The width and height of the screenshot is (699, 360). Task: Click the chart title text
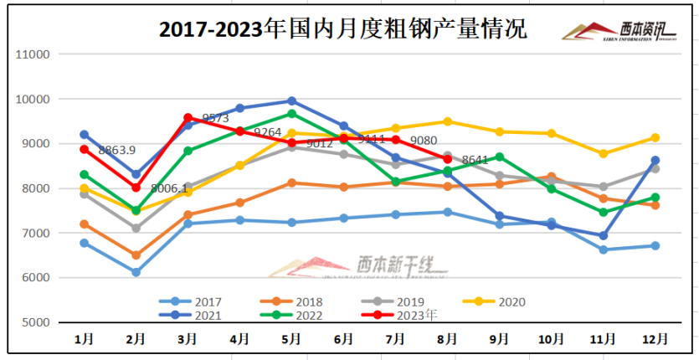343,28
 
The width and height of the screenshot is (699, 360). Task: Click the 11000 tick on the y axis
33,54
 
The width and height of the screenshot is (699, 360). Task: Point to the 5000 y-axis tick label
37,322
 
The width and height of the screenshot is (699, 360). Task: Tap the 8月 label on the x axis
447,339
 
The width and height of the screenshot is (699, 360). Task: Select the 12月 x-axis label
655,339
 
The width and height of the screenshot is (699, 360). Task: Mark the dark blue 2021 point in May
291,101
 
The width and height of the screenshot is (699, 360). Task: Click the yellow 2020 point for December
655,137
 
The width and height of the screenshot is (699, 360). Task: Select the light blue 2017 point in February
136,272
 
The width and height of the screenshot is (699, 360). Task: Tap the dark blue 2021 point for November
604,236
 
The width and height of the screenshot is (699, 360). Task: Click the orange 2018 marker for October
551,177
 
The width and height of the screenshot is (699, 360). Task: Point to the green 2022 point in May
291,114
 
